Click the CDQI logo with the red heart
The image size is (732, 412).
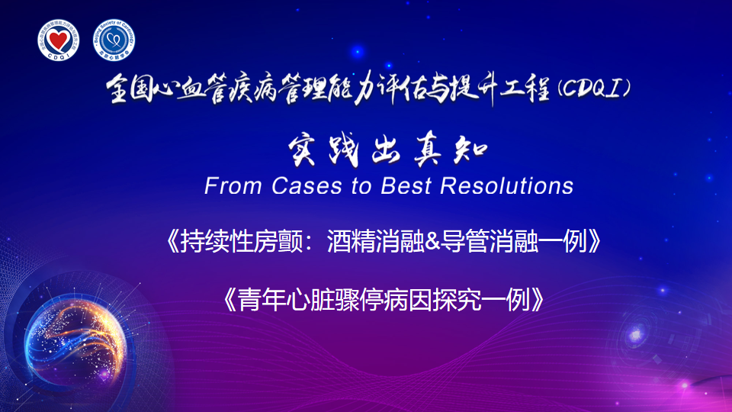[59, 40]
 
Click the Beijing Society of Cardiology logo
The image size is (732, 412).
[114, 40]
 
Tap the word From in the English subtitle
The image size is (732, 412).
[233, 186]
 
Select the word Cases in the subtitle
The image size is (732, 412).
[307, 186]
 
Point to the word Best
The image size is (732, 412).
[406, 186]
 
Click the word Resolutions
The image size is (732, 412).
[506, 186]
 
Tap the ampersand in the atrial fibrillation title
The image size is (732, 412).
[432, 241]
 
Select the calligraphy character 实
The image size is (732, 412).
[303, 150]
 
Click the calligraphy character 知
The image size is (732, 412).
[470, 150]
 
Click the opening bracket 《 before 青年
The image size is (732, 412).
[230, 299]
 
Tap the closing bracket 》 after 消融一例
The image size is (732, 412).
[594, 241]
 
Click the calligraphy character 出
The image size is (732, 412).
[387, 151]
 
